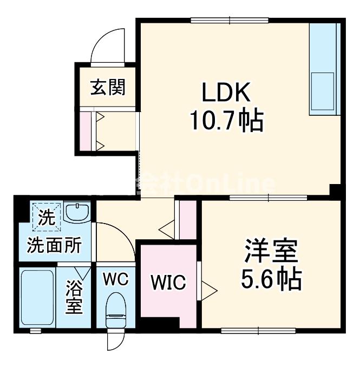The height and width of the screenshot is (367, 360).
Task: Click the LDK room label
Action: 226,94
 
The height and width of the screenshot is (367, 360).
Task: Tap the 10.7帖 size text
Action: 226,121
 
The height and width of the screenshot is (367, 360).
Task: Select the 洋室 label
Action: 271,252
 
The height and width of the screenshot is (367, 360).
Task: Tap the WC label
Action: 115,279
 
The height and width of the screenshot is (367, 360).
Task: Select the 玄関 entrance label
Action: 107,87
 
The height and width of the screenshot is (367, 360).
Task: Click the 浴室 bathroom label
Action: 74,296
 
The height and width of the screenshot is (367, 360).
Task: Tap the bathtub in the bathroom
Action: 37,297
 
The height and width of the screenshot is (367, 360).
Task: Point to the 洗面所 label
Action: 54,246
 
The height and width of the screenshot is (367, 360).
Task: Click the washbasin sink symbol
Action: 79,211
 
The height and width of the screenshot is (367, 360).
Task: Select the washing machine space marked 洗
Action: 45,217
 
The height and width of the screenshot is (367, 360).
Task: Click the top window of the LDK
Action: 230,21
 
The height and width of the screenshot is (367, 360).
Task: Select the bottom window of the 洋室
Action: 258,330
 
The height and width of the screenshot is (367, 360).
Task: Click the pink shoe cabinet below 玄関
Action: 86,132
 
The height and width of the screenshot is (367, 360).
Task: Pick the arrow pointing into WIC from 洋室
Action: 209,287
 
